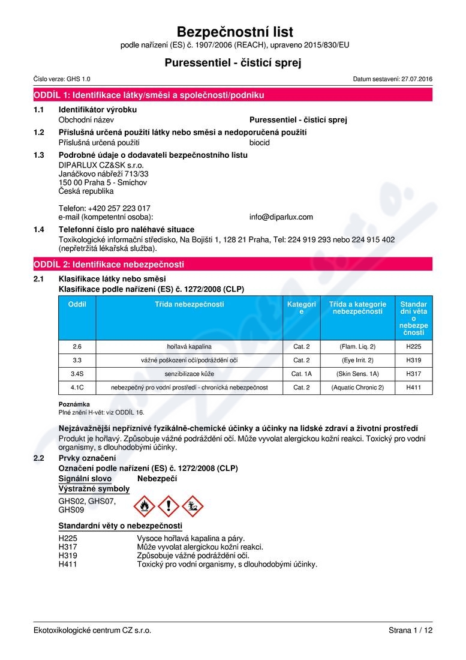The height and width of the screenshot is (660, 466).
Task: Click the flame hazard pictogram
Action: tap(144, 506)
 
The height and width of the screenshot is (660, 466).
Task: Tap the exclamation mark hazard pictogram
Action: tap(169, 506)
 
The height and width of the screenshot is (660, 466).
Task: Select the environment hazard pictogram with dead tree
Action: tap(193, 506)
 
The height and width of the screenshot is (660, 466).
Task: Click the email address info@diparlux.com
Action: tap(281, 217)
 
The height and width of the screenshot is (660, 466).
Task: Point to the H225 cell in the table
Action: tap(414, 346)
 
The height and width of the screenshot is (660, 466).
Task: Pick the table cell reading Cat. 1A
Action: tap(301, 374)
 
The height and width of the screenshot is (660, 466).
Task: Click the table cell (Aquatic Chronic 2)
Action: tap(357, 388)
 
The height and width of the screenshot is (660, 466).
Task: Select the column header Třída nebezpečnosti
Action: tap(190, 304)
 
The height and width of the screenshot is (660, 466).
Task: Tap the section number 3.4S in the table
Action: tap(77, 374)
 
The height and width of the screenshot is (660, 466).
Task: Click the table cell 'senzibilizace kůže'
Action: tap(190, 374)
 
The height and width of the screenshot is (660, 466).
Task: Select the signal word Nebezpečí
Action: tap(157, 478)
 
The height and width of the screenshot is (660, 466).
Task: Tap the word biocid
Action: tap(260, 143)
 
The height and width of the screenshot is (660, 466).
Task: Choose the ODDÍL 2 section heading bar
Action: tap(233, 264)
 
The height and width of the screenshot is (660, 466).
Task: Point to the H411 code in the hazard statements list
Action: tap(68, 564)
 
